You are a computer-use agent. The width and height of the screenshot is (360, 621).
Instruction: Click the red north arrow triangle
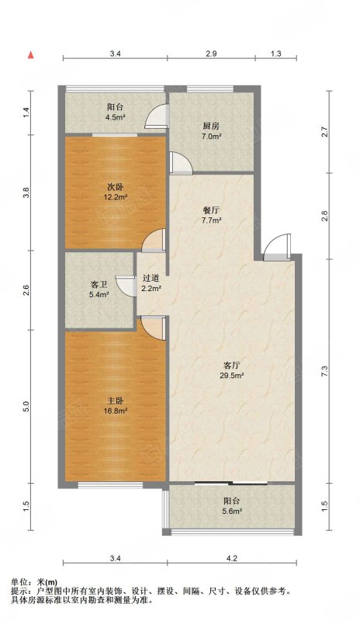[x=30, y=55]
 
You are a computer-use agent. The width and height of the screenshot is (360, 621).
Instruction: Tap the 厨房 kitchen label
[x=211, y=130]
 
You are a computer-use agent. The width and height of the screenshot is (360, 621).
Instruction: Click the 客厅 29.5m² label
[x=232, y=370]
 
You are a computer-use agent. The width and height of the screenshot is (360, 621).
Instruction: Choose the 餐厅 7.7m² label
[x=211, y=214]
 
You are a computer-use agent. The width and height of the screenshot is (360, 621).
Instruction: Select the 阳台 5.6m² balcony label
[x=232, y=506]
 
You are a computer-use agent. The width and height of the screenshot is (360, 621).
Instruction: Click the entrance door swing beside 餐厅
[x=277, y=248]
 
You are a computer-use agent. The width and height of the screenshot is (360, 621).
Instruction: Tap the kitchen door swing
[x=181, y=163]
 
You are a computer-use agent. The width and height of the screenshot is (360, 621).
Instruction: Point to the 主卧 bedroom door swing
[x=153, y=328]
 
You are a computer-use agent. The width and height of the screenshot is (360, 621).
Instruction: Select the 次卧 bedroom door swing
[x=154, y=241]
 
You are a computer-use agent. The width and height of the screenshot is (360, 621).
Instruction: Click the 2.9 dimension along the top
[x=212, y=54]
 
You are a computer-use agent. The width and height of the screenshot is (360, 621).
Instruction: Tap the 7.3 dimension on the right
[x=325, y=371]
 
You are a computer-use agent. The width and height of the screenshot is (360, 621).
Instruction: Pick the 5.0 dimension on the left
[x=26, y=406]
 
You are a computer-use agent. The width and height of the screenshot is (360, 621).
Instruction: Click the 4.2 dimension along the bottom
[x=232, y=559]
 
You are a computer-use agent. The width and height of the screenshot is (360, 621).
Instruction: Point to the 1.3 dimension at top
[x=276, y=54]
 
